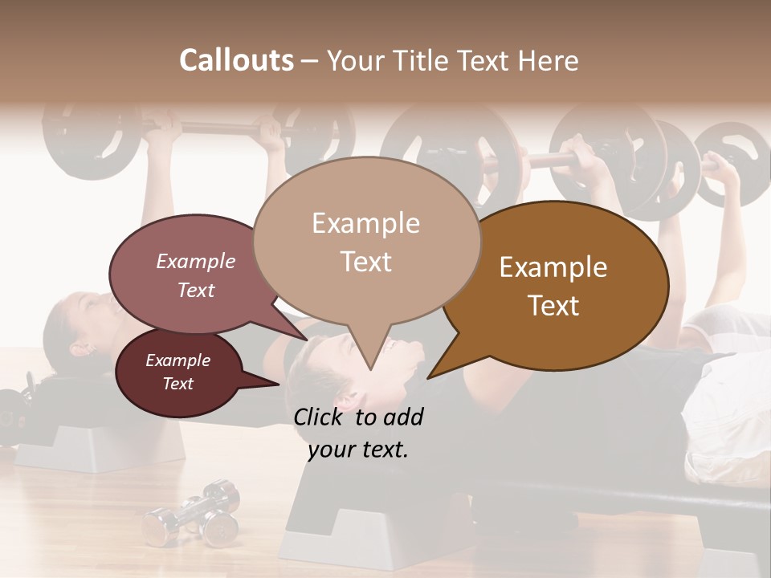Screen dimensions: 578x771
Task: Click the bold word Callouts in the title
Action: (x=236, y=60)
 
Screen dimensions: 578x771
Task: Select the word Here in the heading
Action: (x=549, y=60)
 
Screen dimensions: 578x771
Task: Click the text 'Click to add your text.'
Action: (x=357, y=433)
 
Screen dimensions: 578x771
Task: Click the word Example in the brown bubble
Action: (x=553, y=267)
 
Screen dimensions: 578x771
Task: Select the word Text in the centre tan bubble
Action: (x=365, y=262)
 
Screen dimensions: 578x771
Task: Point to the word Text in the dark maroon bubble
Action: (x=177, y=384)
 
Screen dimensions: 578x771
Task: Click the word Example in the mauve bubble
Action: (x=195, y=261)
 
